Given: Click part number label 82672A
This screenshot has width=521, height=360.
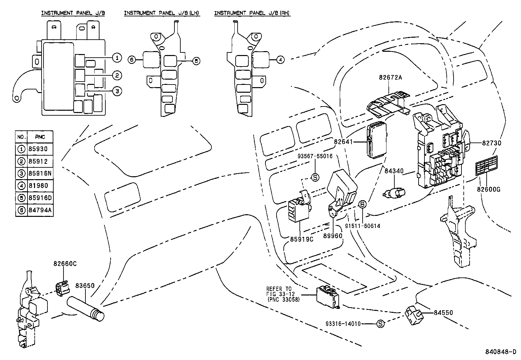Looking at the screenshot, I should point(390,78).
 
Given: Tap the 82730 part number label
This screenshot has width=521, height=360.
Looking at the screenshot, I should point(491,143).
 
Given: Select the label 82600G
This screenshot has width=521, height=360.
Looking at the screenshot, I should point(488,189).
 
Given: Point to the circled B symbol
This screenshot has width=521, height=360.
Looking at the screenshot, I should point(363,204).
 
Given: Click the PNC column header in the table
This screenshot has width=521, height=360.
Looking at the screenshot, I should point(40,137).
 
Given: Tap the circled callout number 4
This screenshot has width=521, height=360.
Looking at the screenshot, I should point(280,60).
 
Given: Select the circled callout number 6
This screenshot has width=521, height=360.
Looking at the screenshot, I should point(132,60).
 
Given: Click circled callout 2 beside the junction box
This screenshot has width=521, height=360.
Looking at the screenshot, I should point(117,76).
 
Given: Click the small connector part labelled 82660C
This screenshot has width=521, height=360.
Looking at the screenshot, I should point(63,288).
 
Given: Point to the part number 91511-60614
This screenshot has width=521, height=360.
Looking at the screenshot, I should point(362,226).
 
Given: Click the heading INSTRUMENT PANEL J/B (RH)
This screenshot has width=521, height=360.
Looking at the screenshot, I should point(252,13).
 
